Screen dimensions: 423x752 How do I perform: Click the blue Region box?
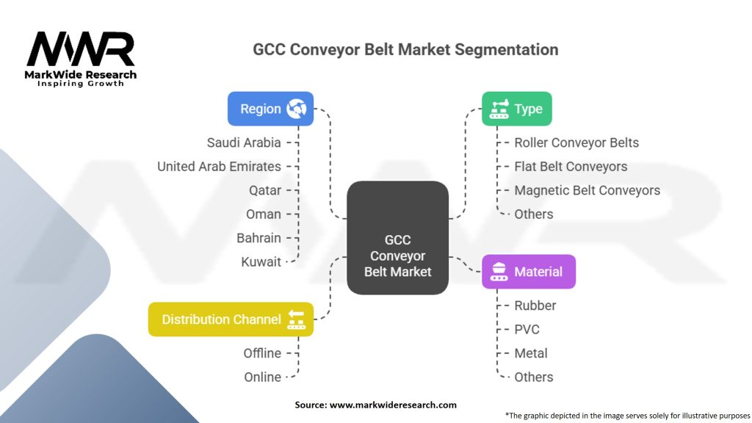tap(270, 109)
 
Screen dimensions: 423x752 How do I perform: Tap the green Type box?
tap(516, 109)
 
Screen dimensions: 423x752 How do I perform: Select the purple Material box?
tap(528, 272)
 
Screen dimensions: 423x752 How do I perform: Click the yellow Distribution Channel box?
tap(231, 319)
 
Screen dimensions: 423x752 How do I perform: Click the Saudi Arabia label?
tap(244, 142)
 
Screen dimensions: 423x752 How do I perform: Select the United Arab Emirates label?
tap(219, 167)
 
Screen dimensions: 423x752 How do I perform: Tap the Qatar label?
tap(264, 190)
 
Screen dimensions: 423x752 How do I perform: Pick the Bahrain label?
tap(258, 238)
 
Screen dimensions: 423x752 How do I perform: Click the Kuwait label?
tap(261, 261)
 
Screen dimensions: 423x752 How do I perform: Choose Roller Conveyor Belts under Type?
tap(576, 142)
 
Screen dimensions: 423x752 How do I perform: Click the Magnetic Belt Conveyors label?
tap(587, 190)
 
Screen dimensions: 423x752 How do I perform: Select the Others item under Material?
tap(534, 377)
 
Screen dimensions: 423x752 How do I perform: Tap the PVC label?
tap(527, 329)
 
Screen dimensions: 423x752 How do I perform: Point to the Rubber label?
tap(535, 305)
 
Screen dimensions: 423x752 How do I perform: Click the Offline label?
tap(262, 353)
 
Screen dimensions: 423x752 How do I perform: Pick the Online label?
tap(262, 377)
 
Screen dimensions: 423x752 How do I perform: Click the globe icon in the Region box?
tap(297, 109)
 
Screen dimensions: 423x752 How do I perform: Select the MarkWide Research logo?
tap(81, 57)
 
